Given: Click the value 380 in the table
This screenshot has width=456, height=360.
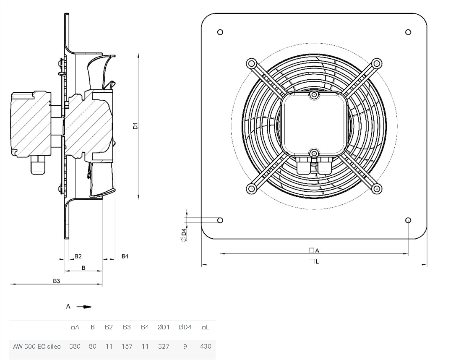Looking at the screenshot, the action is click(75, 346).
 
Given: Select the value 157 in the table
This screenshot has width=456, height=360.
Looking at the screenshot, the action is click(127, 346).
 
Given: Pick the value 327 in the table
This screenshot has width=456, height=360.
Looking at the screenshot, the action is click(164, 346).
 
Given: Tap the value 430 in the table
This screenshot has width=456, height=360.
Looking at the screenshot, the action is click(206, 346).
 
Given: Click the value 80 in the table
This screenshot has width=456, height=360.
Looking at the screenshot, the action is click(92, 346).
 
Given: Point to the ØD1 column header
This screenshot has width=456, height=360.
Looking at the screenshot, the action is click(164, 327).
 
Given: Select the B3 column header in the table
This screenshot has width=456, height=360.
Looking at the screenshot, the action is click(127, 327).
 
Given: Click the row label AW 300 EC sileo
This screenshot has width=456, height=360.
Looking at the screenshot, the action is click(37, 346).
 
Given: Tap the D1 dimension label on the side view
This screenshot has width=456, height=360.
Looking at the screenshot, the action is click(135, 126).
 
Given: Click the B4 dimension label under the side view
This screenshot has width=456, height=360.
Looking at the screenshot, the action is click(125, 256).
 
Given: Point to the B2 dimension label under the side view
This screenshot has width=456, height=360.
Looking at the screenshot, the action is click(78, 256).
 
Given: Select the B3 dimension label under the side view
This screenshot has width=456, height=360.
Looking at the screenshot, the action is click(56, 281).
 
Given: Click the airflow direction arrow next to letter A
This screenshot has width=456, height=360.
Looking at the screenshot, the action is click(84, 306).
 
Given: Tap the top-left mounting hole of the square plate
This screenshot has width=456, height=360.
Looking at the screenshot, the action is click(220, 32).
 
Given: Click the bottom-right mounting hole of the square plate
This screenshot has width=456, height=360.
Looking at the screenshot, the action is click(408, 220).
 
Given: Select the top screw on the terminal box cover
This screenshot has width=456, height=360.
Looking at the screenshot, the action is click(314, 95).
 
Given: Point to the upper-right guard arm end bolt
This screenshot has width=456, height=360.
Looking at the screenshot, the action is click(377, 63).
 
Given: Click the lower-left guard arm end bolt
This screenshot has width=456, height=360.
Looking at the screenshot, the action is click(251, 189).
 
